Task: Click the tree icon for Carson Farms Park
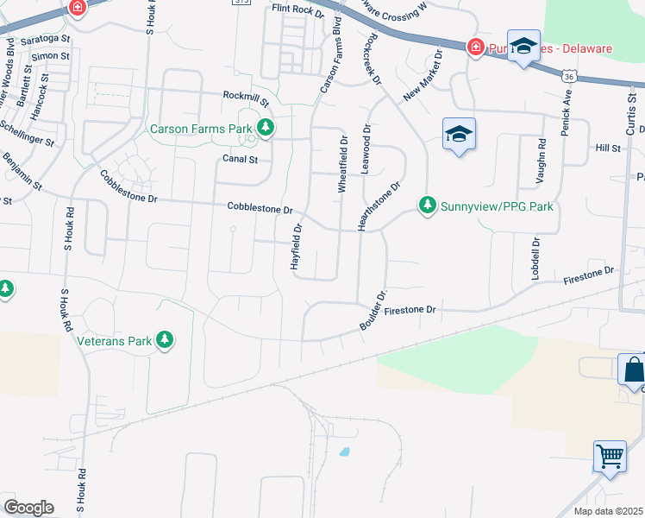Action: tap(266, 129)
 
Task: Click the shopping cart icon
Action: tap(610, 455)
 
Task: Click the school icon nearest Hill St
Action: tap(460, 134)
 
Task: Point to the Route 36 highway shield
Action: tap(567, 77)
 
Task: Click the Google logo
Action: tap(28, 508)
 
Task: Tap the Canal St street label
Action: tap(241, 159)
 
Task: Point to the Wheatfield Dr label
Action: tap(342, 164)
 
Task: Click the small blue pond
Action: tap(344, 452)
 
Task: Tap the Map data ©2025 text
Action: tap(607, 511)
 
